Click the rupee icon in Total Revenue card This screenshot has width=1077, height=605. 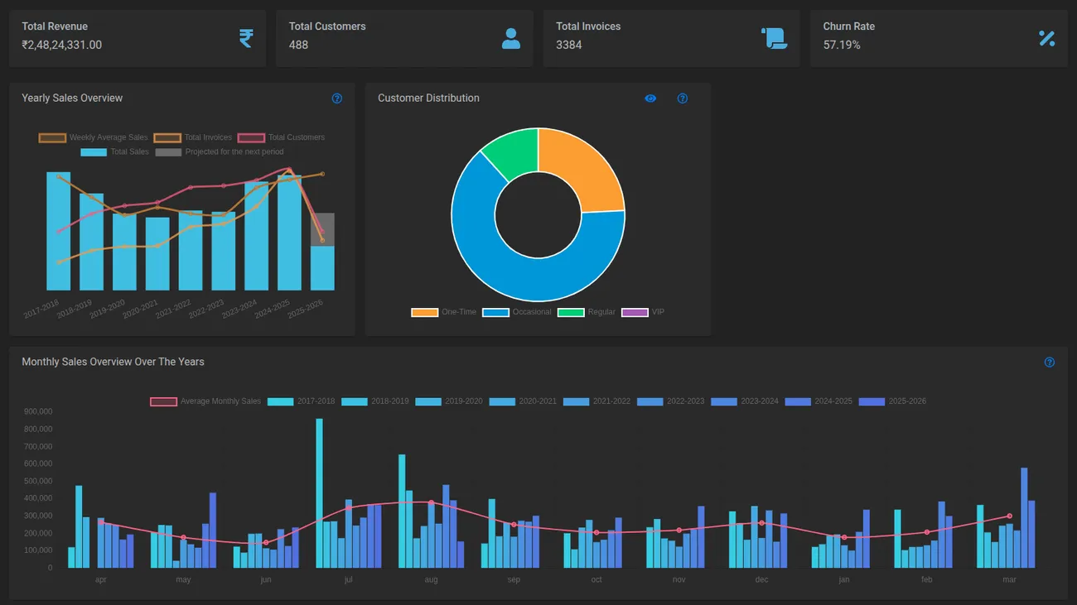pyautogui.click(x=246, y=38)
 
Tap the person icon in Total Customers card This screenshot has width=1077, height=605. pyautogui.click(x=511, y=38)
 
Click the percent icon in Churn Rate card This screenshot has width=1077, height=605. pyautogui.click(x=1047, y=38)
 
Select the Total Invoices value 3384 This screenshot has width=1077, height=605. pyautogui.click(x=568, y=45)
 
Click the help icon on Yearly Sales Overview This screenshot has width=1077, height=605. pyautogui.click(x=337, y=98)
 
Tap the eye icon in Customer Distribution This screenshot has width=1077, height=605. pyautogui.click(x=650, y=98)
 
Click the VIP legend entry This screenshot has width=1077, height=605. pyautogui.click(x=644, y=312)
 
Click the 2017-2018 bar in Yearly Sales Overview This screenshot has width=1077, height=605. pyautogui.click(x=58, y=232)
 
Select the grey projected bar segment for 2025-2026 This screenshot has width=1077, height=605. pyautogui.click(x=322, y=229)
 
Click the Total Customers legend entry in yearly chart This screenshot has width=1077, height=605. pyautogui.click(x=282, y=137)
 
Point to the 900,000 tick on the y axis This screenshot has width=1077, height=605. pyautogui.click(x=38, y=411)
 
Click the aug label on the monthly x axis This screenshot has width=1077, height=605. pyautogui.click(x=431, y=579)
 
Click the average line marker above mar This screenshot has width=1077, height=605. pyautogui.click(x=1009, y=516)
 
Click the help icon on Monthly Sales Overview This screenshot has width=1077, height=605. pyautogui.click(x=1050, y=363)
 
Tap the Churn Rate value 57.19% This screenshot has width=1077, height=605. pyautogui.click(x=842, y=45)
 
